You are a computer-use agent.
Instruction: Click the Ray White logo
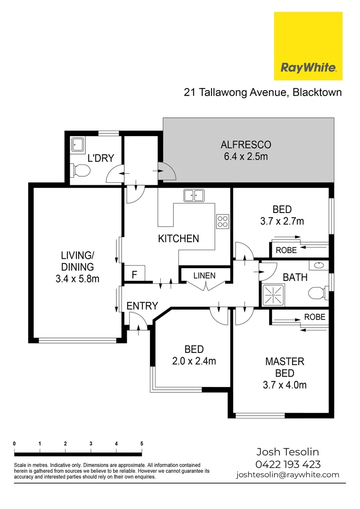[308, 46]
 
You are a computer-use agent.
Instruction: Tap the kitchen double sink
[194, 195]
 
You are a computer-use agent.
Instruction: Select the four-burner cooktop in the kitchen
[222, 222]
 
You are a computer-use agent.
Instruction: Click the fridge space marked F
[134, 275]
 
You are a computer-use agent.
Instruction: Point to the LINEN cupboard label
[204, 275]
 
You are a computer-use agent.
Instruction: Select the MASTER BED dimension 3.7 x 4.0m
[284, 385]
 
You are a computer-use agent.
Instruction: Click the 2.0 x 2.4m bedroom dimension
[194, 361]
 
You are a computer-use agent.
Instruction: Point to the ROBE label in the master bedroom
[314, 317]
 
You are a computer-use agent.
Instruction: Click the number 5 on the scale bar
[141, 443]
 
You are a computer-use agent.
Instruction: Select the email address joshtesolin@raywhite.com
[287, 475]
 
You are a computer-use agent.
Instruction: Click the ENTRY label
[142, 306]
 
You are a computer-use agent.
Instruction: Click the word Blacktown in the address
[317, 92]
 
